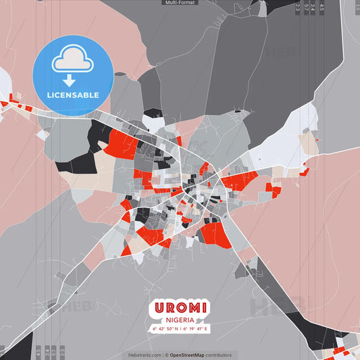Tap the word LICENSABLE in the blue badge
[73, 95]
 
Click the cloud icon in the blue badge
[73, 61]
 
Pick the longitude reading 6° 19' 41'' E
[196, 329]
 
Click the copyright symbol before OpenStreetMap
[167, 355]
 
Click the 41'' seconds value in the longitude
[200, 329]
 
